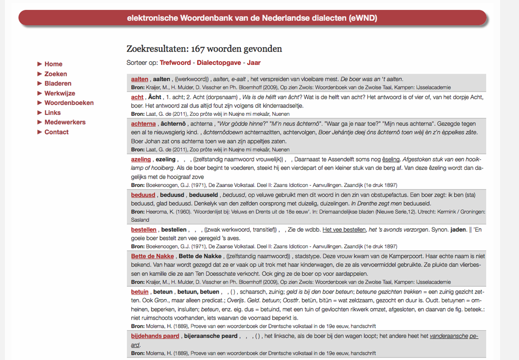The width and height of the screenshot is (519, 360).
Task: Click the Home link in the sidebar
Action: click(53, 64)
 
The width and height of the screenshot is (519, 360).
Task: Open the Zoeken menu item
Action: click(56, 74)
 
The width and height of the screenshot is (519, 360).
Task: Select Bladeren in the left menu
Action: click(58, 83)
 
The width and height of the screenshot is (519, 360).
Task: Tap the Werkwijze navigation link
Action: click(60, 93)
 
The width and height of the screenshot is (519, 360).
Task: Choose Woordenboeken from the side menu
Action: click(69, 103)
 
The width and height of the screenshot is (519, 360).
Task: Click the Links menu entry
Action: click(52, 112)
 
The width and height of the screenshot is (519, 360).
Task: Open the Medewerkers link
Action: click(65, 122)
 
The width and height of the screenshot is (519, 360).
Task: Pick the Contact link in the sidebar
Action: click(56, 132)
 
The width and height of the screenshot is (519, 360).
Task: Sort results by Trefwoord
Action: click(175, 63)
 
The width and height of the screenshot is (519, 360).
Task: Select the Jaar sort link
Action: click(254, 63)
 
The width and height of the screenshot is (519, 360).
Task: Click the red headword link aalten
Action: click(140, 79)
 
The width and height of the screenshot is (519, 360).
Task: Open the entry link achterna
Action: click(143, 124)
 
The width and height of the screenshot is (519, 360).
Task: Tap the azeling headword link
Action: click(141, 159)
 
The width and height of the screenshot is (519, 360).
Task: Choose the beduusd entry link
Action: click(143, 195)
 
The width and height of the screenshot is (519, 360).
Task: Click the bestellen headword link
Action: click(144, 230)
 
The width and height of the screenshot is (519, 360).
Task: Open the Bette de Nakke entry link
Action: click(153, 256)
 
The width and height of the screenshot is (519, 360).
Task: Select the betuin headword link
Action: click(140, 292)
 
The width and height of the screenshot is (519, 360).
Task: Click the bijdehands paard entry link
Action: click(155, 336)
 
